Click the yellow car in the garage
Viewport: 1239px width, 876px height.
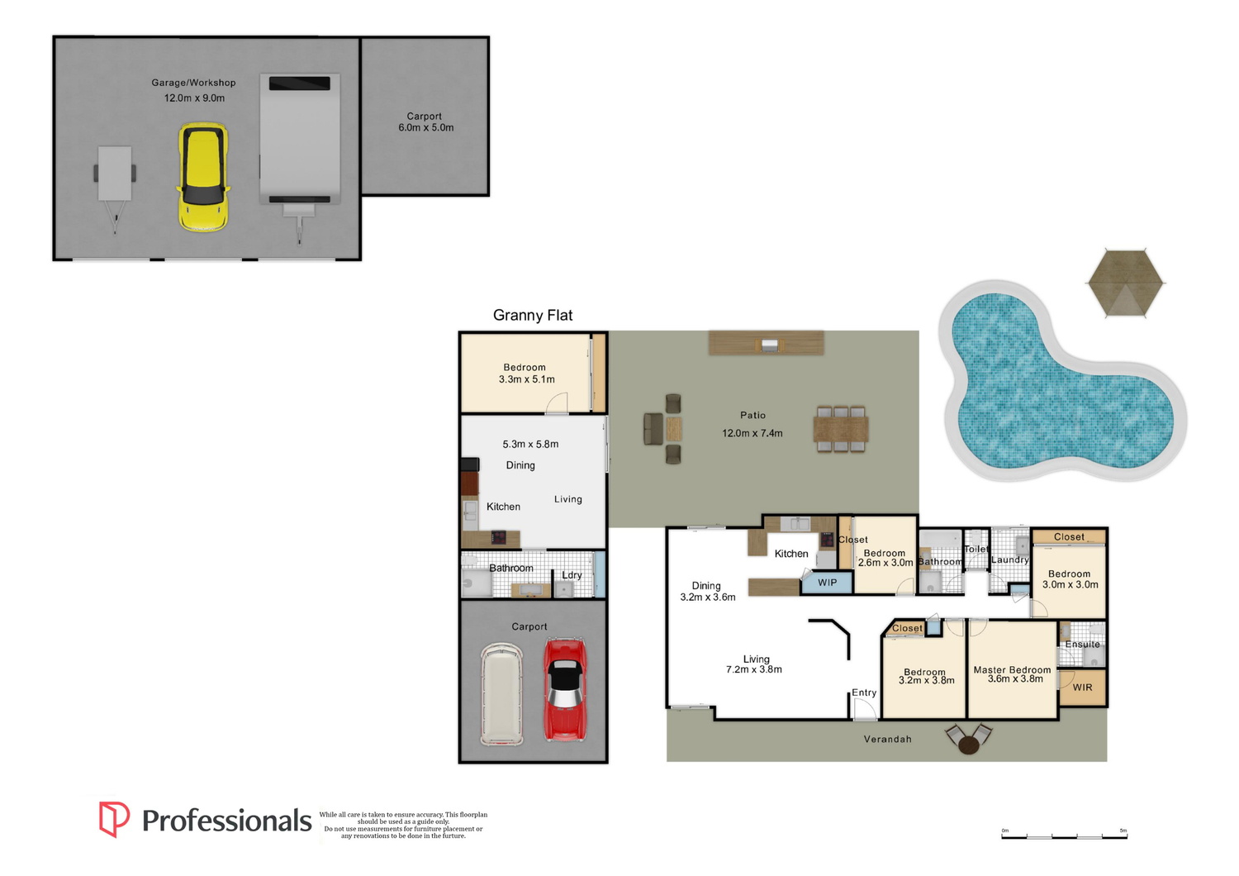(x=203, y=177)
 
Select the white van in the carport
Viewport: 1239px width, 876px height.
(x=501, y=693)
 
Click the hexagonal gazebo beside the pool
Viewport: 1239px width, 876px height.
(x=1125, y=283)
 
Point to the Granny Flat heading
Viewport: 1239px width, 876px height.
(x=533, y=316)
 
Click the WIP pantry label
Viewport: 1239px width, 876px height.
(x=827, y=583)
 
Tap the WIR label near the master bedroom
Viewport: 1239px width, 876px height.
(x=1082, y=688)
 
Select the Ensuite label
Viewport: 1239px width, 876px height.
(x=1082, y=644)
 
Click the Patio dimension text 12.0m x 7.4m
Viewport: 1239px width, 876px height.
(x=752, y=433)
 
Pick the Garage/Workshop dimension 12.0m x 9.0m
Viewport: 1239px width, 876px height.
(x=194, y=98)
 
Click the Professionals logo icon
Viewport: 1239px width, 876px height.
(x=114, y=819)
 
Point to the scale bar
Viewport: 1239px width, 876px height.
(x=1064, y=836)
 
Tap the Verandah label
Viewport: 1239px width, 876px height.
(x=888, y=740)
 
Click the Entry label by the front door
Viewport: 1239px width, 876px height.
(x=864, y=693)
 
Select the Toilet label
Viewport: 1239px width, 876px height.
(x=976, y=549)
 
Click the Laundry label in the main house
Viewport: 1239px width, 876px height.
(x=1010, y=560)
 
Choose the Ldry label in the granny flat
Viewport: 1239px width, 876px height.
(x=572, y=575)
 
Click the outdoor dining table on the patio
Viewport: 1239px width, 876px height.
(x=841, y=430)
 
